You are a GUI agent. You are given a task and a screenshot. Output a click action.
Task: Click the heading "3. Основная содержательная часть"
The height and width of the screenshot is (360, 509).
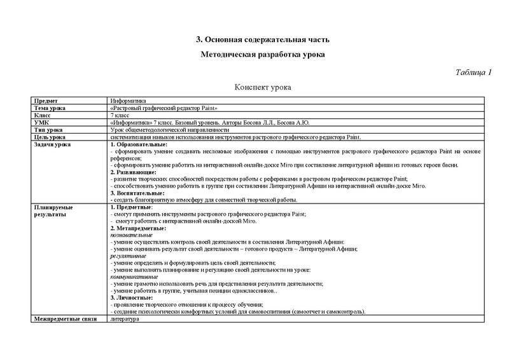(x=262, y=41)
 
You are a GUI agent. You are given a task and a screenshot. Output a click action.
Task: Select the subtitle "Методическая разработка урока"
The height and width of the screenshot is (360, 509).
(x=262, y=55)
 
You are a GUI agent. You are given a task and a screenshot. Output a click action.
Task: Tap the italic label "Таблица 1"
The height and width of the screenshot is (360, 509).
(x=474, y=72)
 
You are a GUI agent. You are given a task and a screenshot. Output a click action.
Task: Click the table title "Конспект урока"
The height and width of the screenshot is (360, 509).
(x=262, y=87)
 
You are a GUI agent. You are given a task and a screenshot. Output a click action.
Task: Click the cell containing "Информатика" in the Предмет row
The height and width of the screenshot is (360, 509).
(x=128, y=101)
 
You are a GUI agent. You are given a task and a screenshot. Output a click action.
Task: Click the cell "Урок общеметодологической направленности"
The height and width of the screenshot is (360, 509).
(x=165, y=130)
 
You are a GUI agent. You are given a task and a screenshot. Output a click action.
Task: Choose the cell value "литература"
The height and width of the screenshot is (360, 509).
(x=124, y=319)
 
